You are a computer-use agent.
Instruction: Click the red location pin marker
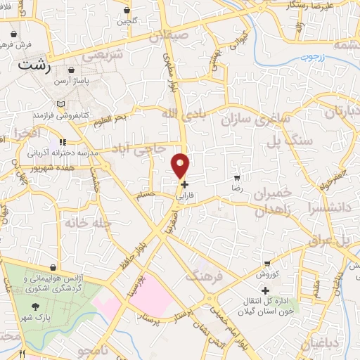(181, 164)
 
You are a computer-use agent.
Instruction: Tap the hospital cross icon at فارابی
(185, 185)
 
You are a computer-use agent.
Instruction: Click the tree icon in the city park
(36, 307)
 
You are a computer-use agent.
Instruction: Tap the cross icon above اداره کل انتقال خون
(264, 290)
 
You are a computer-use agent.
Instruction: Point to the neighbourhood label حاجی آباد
(140, 148)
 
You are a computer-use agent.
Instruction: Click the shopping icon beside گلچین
(127, 11)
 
